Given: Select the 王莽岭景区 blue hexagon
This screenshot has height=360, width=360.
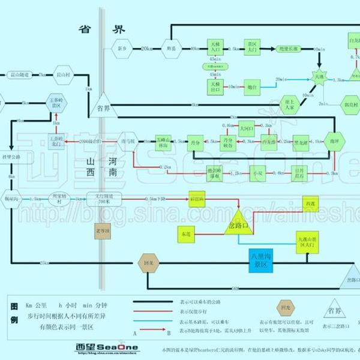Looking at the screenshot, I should click(x=57, y=103).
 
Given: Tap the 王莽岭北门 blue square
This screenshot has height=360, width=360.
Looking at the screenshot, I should click(x=57, y=140).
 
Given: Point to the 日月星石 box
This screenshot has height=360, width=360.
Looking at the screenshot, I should click(x=301, y=173).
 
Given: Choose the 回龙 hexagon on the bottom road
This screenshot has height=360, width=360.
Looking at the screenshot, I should click(x=148, y=262).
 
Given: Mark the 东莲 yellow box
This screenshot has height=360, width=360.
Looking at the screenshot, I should click(x=186, y=231).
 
